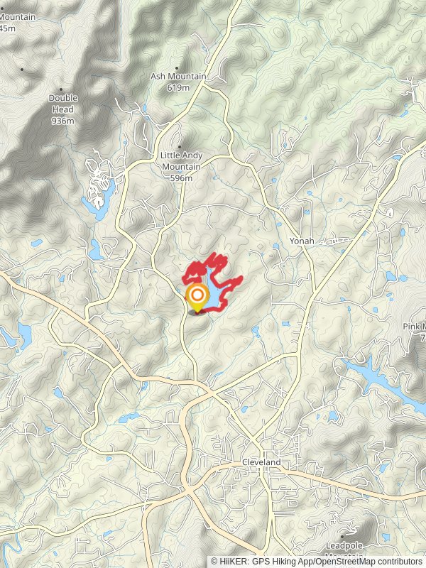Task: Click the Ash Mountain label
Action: point(178,77)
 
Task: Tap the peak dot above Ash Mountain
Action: point(177,67)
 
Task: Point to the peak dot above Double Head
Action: point(61,89)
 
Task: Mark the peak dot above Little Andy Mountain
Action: point(179,147)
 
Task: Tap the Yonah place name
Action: point(301,241)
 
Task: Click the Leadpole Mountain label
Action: point(344,545)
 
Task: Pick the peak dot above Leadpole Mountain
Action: point(342,536)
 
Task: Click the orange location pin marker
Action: point(197,297)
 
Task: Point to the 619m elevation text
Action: point(178,87)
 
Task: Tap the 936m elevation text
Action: point(63,121)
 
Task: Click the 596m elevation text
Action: point(181,178)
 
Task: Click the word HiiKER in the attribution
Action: point(234,561)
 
